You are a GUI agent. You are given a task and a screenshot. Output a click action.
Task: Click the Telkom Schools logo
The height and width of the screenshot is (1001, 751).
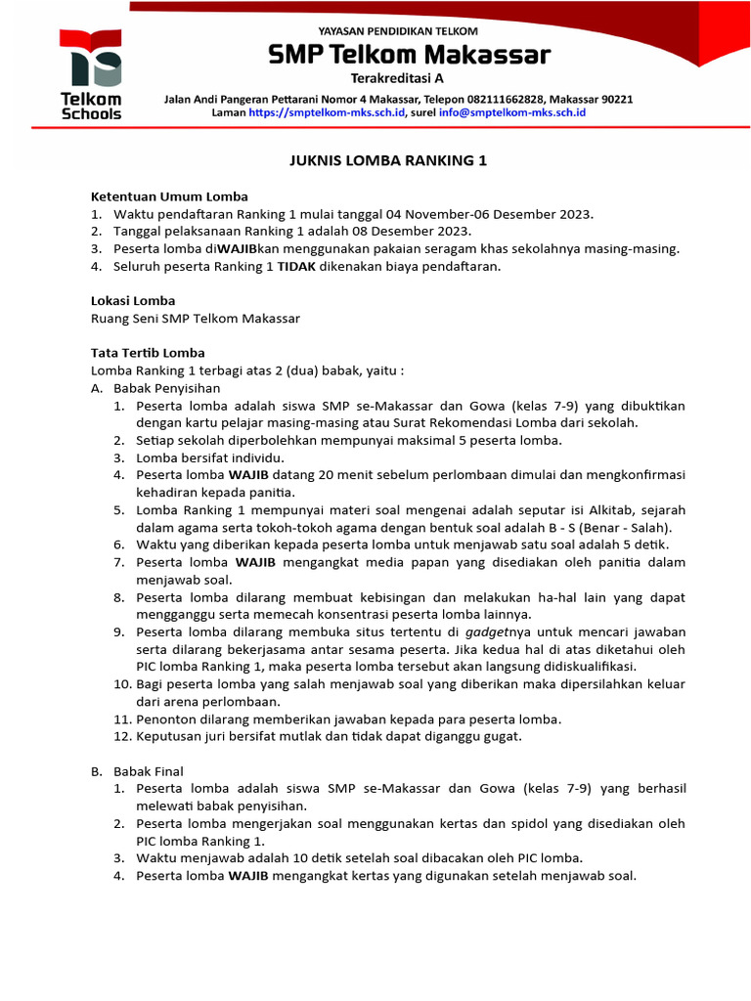tap(91, 74)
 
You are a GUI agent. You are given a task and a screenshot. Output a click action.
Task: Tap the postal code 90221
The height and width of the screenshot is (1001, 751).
tap(615, 99)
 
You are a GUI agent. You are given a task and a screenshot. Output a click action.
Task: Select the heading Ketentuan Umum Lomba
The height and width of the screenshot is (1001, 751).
tap(169, 196)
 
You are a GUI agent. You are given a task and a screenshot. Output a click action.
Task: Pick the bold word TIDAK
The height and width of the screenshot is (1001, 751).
tap(297, 266)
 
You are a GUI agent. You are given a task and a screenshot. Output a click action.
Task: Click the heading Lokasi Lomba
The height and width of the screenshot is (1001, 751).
tap(133, 301)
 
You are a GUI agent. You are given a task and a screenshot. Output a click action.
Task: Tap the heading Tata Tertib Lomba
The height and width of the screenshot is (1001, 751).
tap(148, 353)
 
